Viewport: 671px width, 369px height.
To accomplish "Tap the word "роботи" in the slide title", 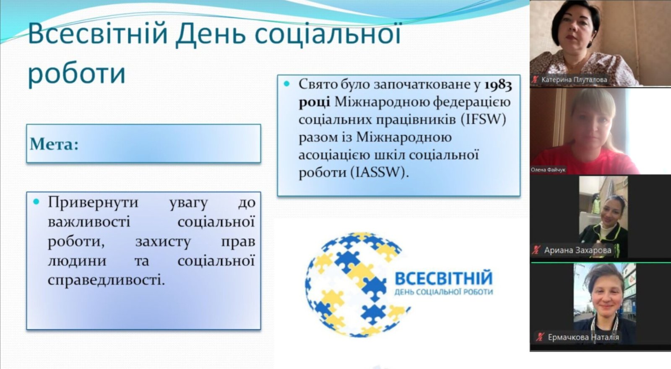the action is [x=77, y=74].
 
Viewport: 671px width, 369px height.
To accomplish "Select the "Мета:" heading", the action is [x=54, y=144].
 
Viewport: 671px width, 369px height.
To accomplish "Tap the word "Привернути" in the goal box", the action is [x=93, y=203].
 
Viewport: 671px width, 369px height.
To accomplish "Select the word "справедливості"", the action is [x=107, y=281].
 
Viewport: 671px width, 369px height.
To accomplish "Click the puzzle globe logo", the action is [x=356, y=285].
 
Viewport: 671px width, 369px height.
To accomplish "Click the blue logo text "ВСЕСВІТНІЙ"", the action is [x=444, y=278].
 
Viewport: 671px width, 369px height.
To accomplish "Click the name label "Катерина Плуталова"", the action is [x=574, y=80].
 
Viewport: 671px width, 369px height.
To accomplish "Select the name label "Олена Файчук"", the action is [x=548, y=170].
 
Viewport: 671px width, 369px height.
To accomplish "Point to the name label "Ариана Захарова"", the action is [x=577, y=250].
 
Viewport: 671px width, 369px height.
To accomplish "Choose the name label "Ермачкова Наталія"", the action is [x=583, y=338].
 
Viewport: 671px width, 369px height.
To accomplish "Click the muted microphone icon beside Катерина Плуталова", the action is [x=535, y=80].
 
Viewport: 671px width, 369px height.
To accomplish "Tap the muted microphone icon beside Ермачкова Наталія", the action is [x=540, y=337].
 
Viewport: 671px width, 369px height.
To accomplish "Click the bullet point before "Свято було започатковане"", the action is [x=287, y=84].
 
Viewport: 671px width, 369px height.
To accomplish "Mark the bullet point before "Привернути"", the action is [x=36, y=202].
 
